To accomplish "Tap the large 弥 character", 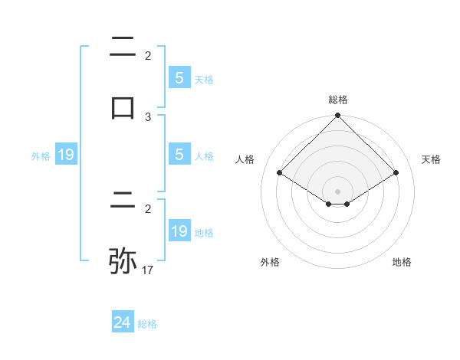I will click(x=123, y=260).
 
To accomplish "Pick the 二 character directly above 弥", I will click(x=123, y=203).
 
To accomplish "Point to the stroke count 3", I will click(x=148, y=117).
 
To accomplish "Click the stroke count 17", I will click(x=148, y=270).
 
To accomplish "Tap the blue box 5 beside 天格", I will click(x=179, y=77).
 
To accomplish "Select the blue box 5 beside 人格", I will click(x=179, y=155).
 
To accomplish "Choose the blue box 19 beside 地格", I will click(x=179, y=231).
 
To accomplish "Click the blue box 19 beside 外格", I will click(x=66, y=155).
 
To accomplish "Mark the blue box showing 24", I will click(x=123, y=322).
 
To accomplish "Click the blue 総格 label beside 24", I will click(x=147, y=324).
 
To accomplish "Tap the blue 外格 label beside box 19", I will click(x=41, y=156).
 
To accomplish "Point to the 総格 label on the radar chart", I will click(x=338, y=100).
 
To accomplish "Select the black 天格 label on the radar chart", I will click(x=432, y=159).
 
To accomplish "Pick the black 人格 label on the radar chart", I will click(x=245, y=159).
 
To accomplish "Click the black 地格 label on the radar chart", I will click(x=402, y=262).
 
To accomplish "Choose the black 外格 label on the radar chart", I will click(x=270, y=262).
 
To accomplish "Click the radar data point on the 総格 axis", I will click(x=338, y=116).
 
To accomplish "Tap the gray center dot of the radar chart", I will click(x=338, y=191).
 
